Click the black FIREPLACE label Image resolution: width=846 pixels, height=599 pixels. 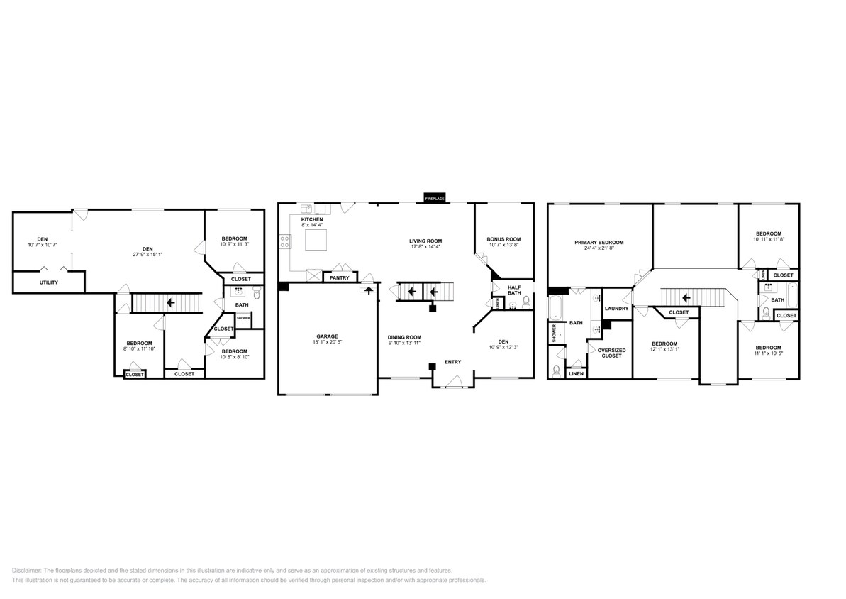(x=435, y=199)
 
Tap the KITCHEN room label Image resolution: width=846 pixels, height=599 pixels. (x=312, y=220)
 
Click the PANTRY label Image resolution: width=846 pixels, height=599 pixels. (x=339, y=277)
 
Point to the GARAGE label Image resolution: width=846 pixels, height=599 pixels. (x=327, y=336)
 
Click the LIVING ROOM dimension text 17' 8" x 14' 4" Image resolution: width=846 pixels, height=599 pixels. (x=425, y=248)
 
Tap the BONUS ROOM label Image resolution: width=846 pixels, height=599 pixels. (x=503, y=239)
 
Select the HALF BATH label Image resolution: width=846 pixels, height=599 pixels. (x=514, y=290)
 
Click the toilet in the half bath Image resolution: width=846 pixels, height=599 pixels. (x=525, y=302)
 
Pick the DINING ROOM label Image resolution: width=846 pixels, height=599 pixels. (x=404, y=337)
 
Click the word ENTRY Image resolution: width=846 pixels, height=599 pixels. (x=452, y=362)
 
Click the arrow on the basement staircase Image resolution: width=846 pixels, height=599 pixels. (x=171, y=303)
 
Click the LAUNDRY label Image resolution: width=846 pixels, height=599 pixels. (x=616, y=309)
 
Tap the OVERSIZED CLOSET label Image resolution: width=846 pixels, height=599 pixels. (x=611, y=353)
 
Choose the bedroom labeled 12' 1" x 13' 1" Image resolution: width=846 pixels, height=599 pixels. (x=665, y=346)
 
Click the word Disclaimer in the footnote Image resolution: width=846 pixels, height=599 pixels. (x=27, y=571)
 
